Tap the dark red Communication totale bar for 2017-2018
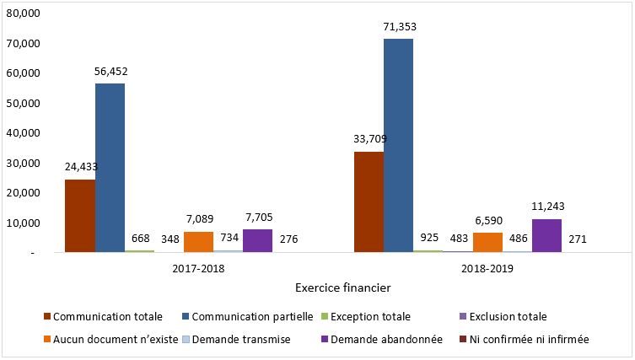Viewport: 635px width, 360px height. point(80,216)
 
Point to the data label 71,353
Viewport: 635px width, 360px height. point(400,27)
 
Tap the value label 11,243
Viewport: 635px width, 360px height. point(547,206)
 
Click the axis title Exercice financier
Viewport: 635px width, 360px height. point(342,288)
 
